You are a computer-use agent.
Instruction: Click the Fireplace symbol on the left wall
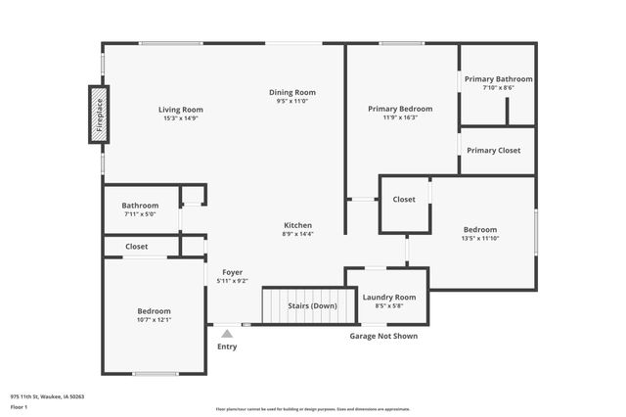point(98,114)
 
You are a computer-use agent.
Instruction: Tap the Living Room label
point(181,110)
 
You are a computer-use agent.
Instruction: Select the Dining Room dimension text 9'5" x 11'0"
point(292,101)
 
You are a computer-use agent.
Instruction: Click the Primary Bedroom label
point(399,109)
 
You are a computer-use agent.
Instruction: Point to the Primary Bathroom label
point(499,79)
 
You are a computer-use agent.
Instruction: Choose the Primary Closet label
point(494,150)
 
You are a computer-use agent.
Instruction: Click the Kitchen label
point(298,225)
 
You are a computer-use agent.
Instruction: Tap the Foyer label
point(232,272)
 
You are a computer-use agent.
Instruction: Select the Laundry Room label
point(389,297)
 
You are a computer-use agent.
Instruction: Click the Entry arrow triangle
point(227,334)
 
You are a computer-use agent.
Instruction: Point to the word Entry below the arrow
point(227,347)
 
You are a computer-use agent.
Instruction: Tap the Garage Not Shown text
point(383,336)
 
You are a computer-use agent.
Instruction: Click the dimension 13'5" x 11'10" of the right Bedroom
point(480,238)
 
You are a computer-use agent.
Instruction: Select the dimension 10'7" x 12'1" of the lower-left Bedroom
point(154,319)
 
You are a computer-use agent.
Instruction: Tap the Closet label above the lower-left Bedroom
point(137,247)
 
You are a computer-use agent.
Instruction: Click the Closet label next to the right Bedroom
point(404,199)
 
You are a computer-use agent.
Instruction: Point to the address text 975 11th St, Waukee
point(47,396)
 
